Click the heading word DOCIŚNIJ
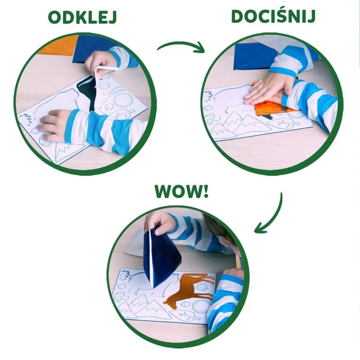coord(273,16)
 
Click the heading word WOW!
coord(180,191)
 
